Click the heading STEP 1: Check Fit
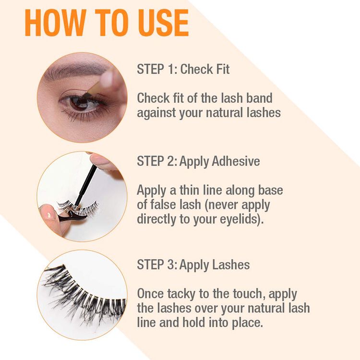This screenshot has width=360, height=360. point(183,69)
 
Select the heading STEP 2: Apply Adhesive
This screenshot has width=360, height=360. point(198,161)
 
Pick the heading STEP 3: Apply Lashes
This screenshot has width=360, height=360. point(193,264)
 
